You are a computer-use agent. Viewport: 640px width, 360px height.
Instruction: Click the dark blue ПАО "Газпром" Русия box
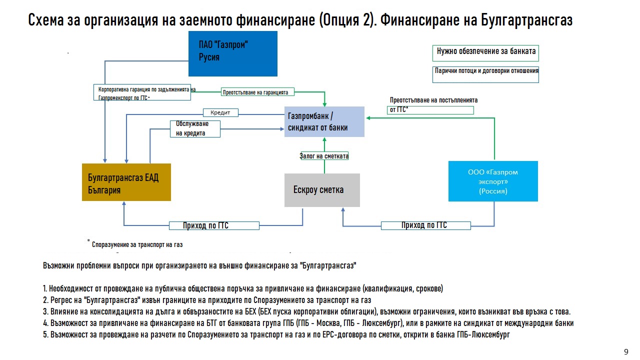[x=232, y=53]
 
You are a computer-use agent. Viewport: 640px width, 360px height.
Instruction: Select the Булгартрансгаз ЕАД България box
[x=126, y=182]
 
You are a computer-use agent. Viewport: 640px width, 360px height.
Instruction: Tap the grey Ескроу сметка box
[x=322, y=190]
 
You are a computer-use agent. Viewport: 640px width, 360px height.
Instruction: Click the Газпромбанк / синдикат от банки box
[x=324, y=121]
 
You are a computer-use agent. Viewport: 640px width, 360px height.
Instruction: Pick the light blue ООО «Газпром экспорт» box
[x=493, y=181]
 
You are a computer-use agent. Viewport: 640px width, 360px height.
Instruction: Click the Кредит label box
[x=220, y=113]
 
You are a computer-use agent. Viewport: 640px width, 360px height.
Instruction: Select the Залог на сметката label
[x=324, y=156]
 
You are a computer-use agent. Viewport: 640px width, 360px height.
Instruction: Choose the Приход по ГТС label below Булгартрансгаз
[x=214, y=226]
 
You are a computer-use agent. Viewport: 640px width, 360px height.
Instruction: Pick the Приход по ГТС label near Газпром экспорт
[x=425, y=225]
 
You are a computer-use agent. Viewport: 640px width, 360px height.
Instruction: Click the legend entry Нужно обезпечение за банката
[x=486, y=51]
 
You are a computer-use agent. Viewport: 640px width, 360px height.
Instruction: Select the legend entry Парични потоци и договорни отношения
[x=486, y=71]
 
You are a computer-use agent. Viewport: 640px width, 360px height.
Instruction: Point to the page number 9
[x=626, y=351]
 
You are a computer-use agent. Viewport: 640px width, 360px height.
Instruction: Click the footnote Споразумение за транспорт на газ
[x=137, y=245]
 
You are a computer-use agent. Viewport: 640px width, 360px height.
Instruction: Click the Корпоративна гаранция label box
[x=143, y=93]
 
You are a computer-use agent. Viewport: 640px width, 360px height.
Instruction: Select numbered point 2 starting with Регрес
[x=207, y=300]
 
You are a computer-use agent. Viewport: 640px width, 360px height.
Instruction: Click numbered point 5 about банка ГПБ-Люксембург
[x=276, y=335]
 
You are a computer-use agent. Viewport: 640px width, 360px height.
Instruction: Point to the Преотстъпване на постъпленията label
[x=433, y=104]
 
